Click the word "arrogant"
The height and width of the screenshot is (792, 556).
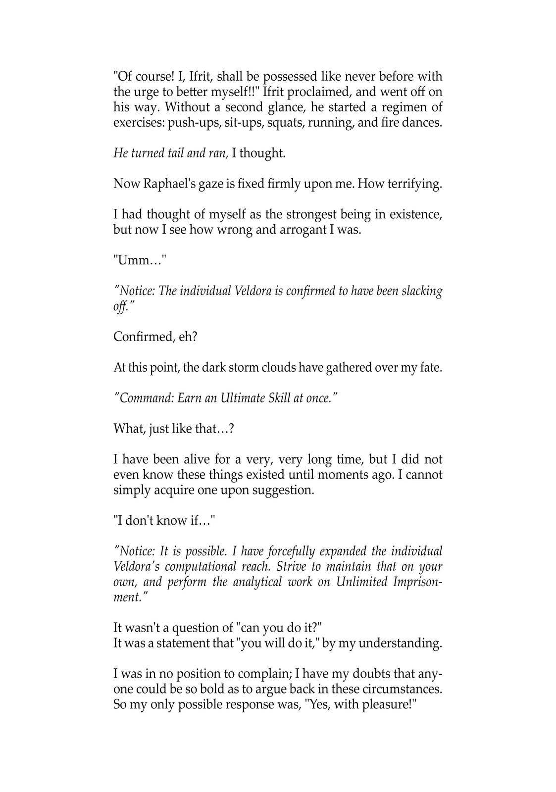point(301,230)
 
